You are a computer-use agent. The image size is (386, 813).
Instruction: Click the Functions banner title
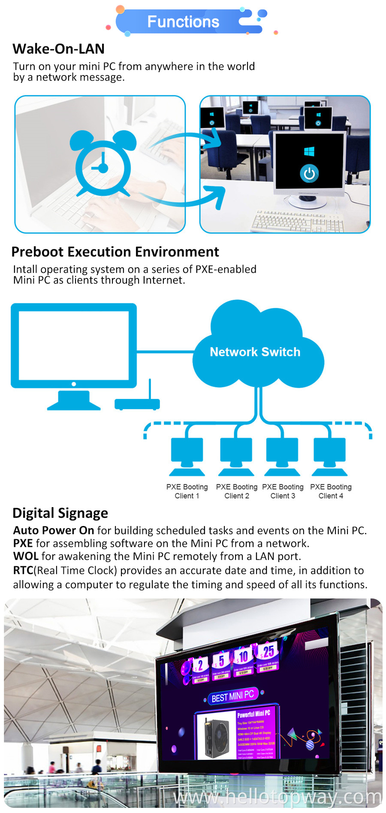tap(183, 22)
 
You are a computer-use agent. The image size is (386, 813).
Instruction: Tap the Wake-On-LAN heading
tap(59, 49)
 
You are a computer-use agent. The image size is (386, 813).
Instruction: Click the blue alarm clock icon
tap(103, 164)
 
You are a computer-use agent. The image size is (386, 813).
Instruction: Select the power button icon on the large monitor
tap(309, 173)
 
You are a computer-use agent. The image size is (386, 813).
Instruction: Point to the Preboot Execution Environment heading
tap(115, 252)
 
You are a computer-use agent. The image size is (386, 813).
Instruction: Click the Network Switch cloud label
tap(255, 352)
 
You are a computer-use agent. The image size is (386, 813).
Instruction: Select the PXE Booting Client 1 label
tap(187, 491)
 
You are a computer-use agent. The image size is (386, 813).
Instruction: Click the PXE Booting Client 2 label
tap(237, 491)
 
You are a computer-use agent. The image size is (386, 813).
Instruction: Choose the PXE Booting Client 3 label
tap(283, 491)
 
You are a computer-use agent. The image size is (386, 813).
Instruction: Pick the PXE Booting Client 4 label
tap(331, 491)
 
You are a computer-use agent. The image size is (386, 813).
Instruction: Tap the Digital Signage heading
tap(60, 513)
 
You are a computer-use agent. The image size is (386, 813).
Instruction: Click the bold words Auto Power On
tap(54, 531)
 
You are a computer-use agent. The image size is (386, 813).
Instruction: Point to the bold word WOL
tap(26, 556)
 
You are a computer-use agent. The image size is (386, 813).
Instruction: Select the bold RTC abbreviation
tap(23, 571)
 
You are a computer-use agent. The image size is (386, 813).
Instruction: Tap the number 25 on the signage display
tap(268, 652)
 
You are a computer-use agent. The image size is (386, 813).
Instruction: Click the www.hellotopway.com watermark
tap(277, 797)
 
